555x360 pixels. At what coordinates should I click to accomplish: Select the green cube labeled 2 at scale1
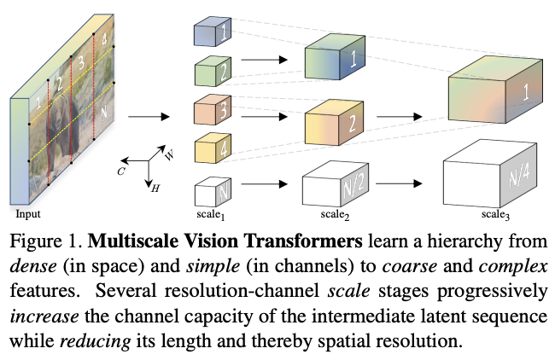click(209, 71)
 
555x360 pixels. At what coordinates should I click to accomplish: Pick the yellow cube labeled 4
click(209, 150)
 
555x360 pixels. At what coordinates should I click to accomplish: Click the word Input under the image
click(27, 214)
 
